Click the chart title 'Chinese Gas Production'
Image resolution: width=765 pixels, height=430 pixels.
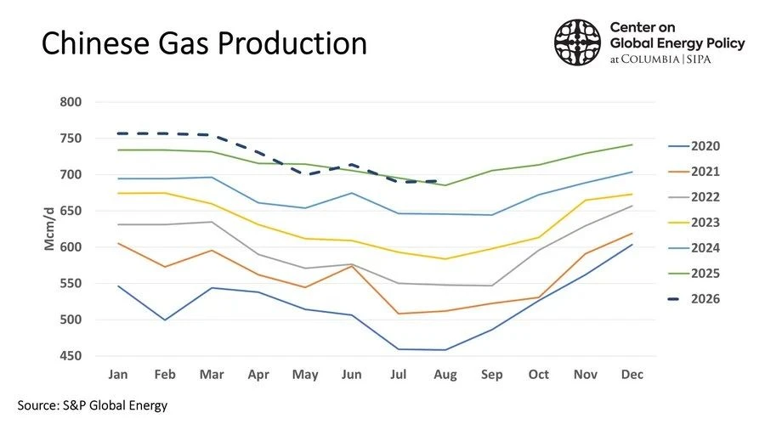pos(204,43)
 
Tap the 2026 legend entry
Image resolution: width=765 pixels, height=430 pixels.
pos(694,299)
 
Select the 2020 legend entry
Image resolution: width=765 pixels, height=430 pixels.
pos(694,146)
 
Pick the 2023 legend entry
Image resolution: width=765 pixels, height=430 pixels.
pos(694,223)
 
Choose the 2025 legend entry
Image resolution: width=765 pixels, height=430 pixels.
pos(694,274)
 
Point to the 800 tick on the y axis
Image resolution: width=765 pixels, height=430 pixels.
pos(71,102)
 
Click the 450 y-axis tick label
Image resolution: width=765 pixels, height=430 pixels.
pos(71,356)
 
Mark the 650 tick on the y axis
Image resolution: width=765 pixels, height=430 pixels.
pos(71,211)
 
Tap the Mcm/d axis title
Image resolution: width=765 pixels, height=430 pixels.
pos(49,229)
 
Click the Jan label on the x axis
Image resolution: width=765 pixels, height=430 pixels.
pos(118,375)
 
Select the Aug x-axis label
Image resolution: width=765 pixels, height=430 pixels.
pos(445,375)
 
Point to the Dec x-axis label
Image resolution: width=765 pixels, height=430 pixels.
pos(632,375)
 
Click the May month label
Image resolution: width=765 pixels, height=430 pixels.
pos(305,375)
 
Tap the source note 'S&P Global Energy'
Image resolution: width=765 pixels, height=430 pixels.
pos(115,405)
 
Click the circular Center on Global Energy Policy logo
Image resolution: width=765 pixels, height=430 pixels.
pos(577,42)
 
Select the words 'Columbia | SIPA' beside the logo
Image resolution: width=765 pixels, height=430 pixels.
pos(666,59)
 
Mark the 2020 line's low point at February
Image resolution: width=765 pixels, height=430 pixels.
pos(165,320)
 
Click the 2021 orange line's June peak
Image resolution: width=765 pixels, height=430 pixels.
pos(351,266)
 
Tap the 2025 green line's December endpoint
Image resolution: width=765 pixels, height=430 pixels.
pos(632,144)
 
